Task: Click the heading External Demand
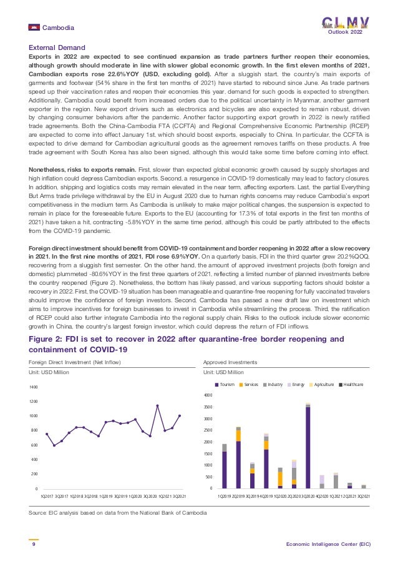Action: [x=57, y=47]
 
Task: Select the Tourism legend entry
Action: [x=226, y=384]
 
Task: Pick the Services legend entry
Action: [x=250, y=384]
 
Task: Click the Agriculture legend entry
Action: [x=322, y=384]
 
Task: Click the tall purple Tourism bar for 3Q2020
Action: [x=308, y=447]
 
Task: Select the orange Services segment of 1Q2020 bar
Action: [x=280, y=478]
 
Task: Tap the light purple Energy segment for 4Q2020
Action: [x=322, y=479]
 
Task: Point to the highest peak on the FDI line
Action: [x=157, y=406]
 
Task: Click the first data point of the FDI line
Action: [x=47, y=434]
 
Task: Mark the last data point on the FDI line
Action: [x=180, y=415]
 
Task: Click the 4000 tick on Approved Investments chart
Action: [x=210, y=395]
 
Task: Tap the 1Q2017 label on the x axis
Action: [x=46, y=495]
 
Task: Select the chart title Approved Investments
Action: [x=230, y=362]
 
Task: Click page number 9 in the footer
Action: [x=33, y=544]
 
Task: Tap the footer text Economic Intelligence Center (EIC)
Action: [x=328, y=544]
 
